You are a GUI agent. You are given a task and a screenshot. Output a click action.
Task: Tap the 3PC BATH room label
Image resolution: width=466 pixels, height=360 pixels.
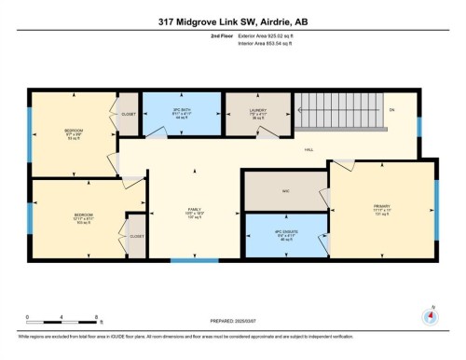pyautogui.click(x=181, y=114)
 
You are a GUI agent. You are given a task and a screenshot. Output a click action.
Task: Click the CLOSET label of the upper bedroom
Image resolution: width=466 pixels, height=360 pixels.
pyautogui.click(x=129, y=114)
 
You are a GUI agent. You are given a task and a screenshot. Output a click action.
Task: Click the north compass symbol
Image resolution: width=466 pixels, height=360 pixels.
pyautogui.click(x=431, y=314)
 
